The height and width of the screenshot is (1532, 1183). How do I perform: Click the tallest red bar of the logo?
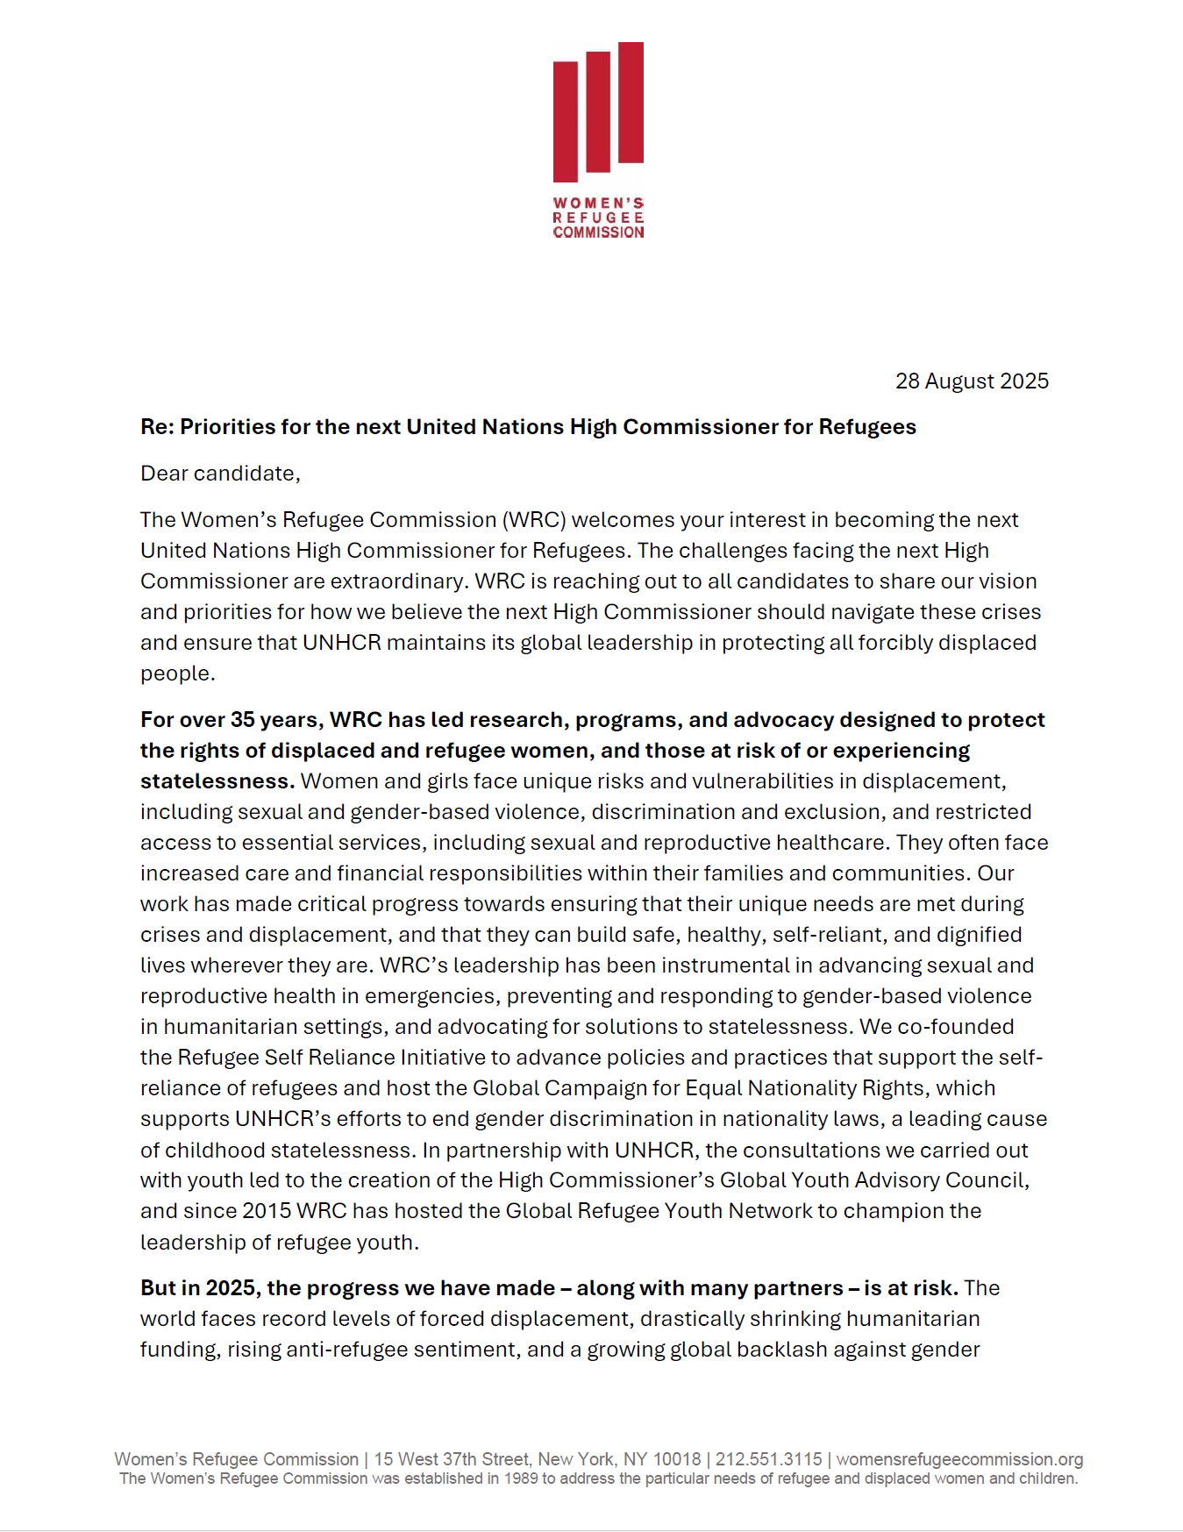point(631,103)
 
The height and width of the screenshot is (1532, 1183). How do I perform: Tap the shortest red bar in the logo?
point(565,122)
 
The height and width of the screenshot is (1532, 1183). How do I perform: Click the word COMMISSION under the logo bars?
point(598,232)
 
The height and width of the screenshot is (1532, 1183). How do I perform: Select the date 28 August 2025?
point(972,381)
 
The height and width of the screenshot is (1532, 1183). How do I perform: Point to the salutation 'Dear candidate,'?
point(220,474)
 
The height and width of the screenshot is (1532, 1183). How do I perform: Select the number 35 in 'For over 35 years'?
point(242,720)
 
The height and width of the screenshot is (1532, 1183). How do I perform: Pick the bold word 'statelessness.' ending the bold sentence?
point(217,781)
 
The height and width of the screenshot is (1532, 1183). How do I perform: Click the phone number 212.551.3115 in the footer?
point(768,1459)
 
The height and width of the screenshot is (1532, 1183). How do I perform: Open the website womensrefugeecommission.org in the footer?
point(959,1459)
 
